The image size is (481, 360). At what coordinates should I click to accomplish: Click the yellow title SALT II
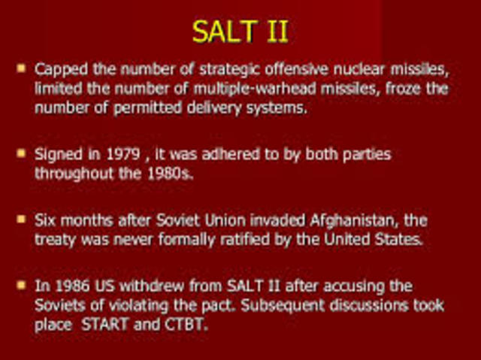(x=240, y=32)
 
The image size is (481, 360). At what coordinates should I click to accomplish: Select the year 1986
(x=69, y=287)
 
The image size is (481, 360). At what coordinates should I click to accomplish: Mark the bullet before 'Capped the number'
(x=21, y=68)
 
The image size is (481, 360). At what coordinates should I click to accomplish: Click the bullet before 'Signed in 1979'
(x=21, y=153)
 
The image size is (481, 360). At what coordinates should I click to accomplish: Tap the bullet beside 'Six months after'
(x=21, y=220)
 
